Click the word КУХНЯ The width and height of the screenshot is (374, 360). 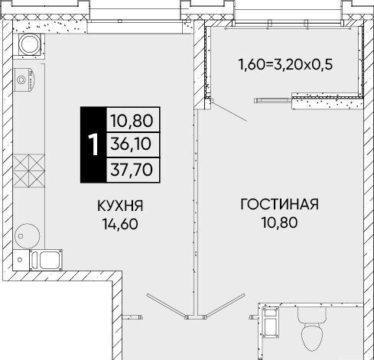pyautogui.click(x=120, y=206)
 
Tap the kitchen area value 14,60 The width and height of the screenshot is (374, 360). pyautogui.click(x=120, y=224)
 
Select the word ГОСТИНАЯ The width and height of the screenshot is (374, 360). pyautogui.click(x=280, y=204)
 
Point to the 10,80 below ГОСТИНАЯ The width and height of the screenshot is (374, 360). pyautogui.click(x=280, y=222)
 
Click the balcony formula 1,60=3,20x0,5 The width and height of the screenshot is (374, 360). pyautogui.click(x=285, y=64)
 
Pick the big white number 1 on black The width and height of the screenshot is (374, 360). pyautogui.click(x=93, y=144)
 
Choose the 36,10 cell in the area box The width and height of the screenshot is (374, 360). pyautogui.click(x=132, y=144)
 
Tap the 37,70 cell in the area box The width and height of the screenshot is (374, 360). pyautogui.click(x=132, y=170)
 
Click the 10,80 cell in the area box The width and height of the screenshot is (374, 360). pyautogui.click(x=132, y=121)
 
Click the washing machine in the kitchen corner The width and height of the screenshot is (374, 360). pyautogui.click(x=30, y=44)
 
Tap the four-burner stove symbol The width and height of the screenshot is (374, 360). pyautogui.click(x=29, y=170)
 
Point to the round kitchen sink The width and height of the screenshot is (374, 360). pyautogui.click(x=28, y=236)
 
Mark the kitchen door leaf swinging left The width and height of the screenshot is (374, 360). pyautogui.click(x=166, y=306)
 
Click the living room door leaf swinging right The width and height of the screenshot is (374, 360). pyautogui.click(x=226, y=306)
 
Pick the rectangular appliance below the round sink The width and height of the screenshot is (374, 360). pyautogui.click(x=46, y=260)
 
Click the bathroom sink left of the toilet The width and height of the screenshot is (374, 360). pyautogui.click(x=270, y=323)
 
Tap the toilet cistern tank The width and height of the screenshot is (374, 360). pyautogui.click(x=312, y=316)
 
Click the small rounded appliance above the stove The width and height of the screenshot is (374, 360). pyautogui.click(x=24, y=79)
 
